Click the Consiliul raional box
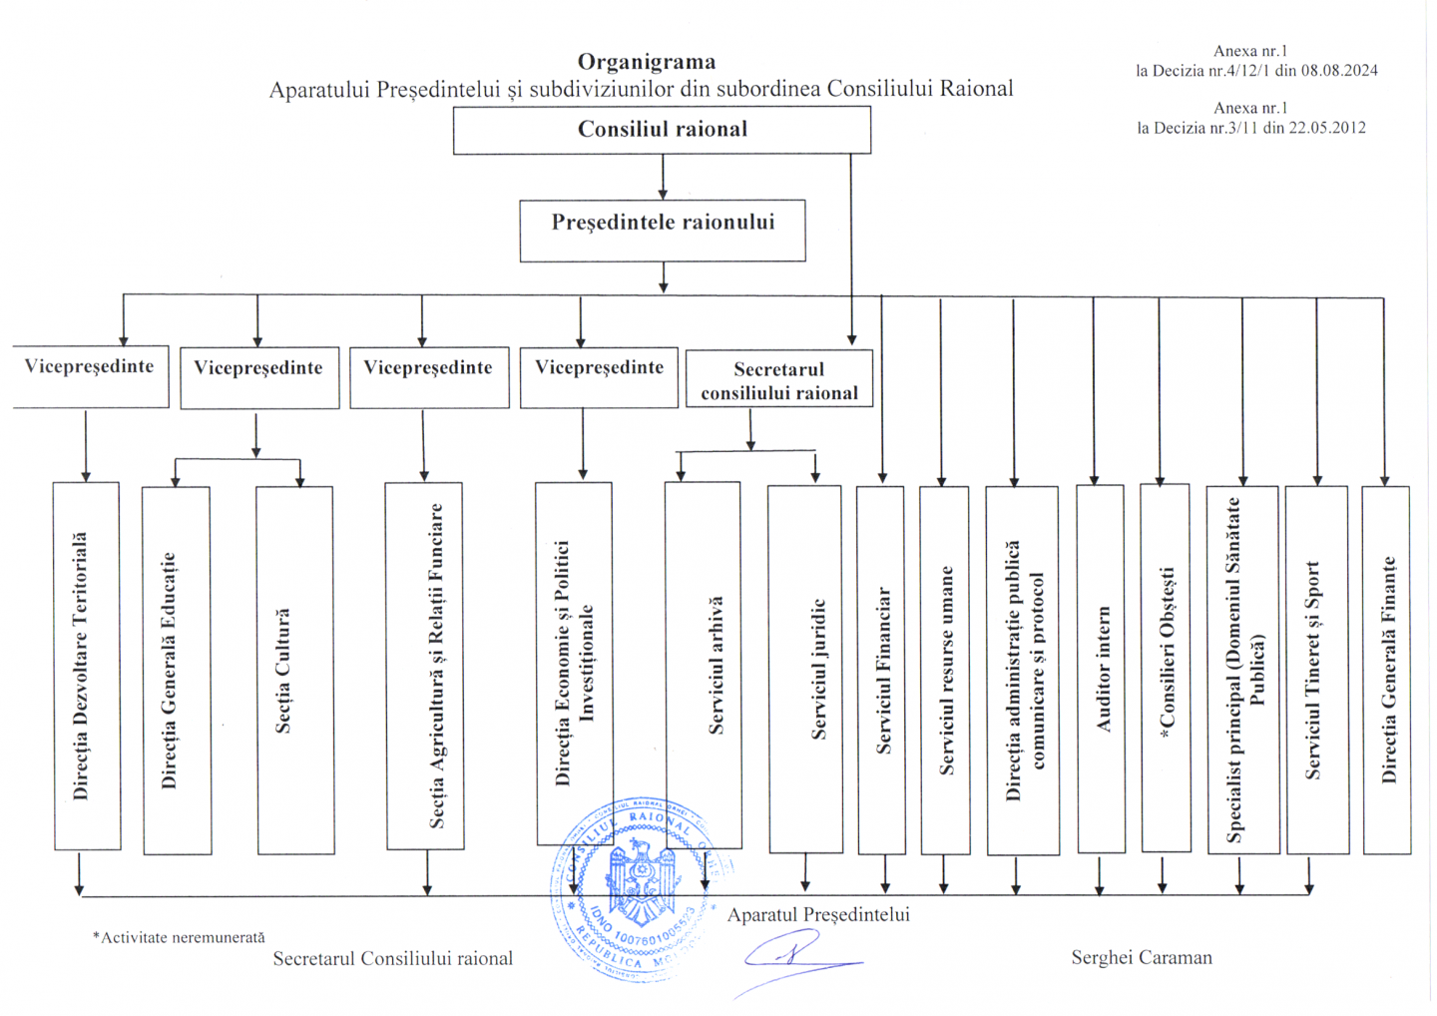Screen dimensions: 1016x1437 662,130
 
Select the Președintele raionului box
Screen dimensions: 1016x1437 663,231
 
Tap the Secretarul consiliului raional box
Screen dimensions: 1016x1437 779,379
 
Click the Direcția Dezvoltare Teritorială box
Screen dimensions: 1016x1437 86,666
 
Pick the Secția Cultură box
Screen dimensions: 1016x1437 295,670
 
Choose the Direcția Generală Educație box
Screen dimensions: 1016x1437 177,670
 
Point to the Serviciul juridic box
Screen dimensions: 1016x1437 805,669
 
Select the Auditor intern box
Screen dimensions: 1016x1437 1101,669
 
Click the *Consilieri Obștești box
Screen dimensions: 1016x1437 1166,668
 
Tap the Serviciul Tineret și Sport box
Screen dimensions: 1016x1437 1317,670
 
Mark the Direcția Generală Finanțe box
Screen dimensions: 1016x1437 1387,670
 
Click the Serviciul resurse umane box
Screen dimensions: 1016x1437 945,670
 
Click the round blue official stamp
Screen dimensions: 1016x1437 636,888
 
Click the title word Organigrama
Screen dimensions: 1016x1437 647,62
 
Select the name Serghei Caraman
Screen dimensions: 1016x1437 1142,958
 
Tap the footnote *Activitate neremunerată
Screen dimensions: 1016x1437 180,938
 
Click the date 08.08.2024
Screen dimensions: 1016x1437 1339,71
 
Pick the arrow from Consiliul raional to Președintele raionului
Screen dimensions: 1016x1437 663,178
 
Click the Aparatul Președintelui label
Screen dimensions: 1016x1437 818,915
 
